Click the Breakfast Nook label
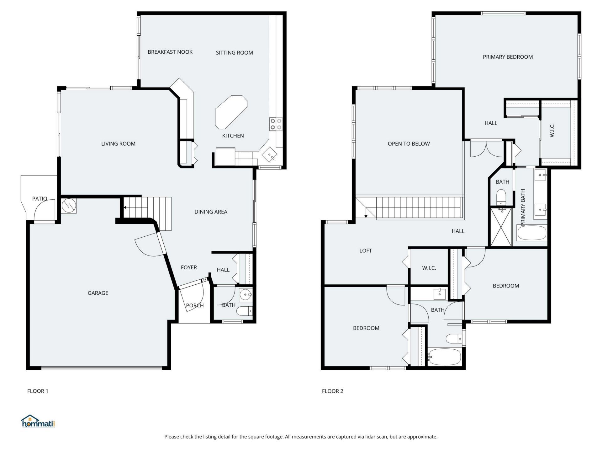[170, 52]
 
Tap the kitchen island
[231, 112]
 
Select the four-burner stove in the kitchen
[276, 124]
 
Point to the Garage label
[98, 293]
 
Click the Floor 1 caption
[38, 391]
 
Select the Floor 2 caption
[332, 391]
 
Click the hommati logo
[38, 422]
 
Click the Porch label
[195, 305]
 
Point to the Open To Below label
[409, 144]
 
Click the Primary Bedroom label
[508, 57]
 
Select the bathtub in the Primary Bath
[531, 233]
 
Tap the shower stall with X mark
[500, 227]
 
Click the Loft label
[365, 250]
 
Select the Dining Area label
[211, 212]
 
